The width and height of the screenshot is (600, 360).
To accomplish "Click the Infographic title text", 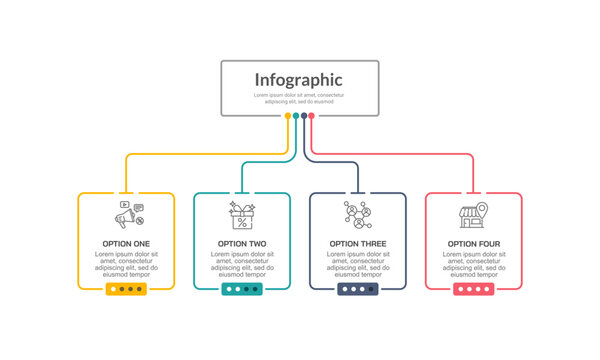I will (298, 80).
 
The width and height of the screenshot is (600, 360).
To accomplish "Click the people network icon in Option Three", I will (358, 215).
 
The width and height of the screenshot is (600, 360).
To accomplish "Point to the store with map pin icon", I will (472, 215).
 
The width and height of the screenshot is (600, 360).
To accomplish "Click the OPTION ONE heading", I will (126, 244).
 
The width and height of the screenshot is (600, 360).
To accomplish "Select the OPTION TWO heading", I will (242, 244).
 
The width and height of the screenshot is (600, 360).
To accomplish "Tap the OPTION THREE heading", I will (358, 244).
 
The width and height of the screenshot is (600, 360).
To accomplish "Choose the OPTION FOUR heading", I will (474, 244).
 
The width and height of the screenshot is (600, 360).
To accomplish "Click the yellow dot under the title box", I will (288, 116).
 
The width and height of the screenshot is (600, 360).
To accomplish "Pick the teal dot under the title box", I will (296, 116).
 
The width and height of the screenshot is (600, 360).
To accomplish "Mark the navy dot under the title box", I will (304, 116).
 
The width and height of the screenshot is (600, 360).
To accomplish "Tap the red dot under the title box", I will (311, 116).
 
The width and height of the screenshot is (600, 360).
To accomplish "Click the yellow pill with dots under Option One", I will (126, 289).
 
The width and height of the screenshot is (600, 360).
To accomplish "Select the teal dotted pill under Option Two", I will (242, 289).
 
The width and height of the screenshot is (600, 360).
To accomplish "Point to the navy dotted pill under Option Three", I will (358, 289).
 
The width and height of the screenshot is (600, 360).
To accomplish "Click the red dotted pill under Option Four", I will (474, 289).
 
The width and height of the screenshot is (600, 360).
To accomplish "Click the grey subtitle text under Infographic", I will (298, 98).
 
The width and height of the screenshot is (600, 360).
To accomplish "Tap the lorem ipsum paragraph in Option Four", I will (474, 265).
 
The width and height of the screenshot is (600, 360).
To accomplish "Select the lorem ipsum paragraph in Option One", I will (126, 265).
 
